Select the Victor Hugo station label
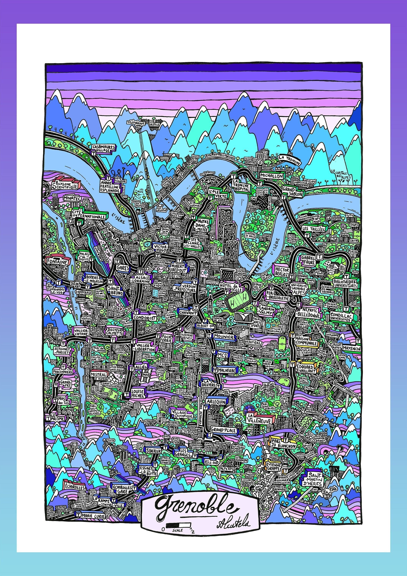pyautogui.click(x=161, y=248)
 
